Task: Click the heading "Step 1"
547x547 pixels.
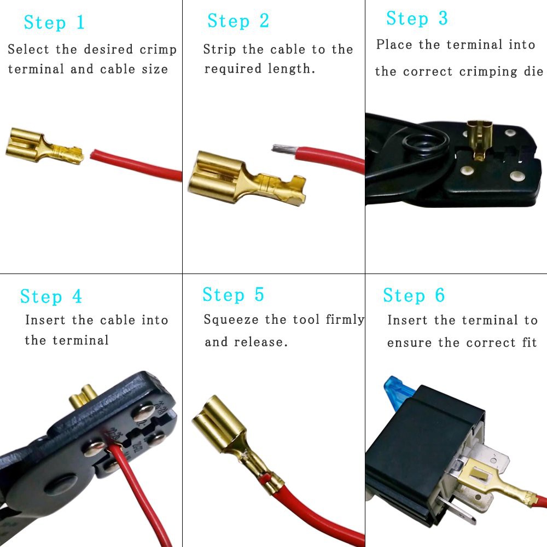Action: [54, 22]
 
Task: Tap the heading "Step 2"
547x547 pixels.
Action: [238, 21]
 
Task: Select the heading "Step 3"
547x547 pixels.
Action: [417, 18]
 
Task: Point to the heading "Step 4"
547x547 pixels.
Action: [51, 297]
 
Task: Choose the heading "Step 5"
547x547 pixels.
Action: [233, 295]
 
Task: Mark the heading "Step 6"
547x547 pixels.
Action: [414, 295]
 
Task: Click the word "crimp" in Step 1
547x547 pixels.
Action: [158, 50]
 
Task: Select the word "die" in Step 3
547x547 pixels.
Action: [533, 71]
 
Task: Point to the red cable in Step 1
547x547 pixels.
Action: [136, 165]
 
